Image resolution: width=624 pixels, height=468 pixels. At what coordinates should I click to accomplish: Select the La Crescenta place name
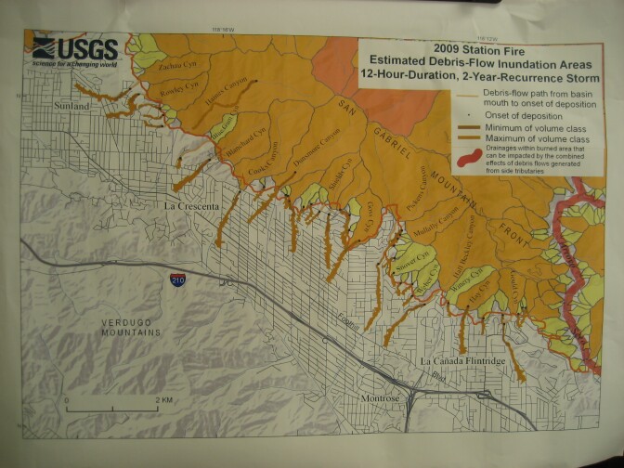(195, 203)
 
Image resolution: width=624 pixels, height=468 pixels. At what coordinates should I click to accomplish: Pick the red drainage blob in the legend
(483, 155)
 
